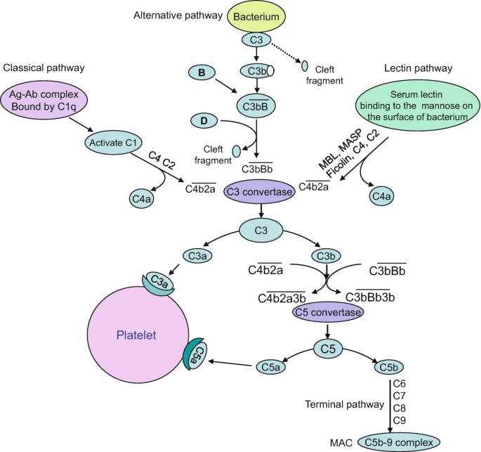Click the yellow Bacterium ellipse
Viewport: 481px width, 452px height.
coord(258,15)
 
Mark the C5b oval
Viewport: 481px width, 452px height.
coord(388,366)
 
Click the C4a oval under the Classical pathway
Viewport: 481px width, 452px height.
coord(142,200)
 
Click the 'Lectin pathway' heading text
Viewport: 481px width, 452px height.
coord(418,67)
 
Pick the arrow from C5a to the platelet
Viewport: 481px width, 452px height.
coord(225,363)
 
